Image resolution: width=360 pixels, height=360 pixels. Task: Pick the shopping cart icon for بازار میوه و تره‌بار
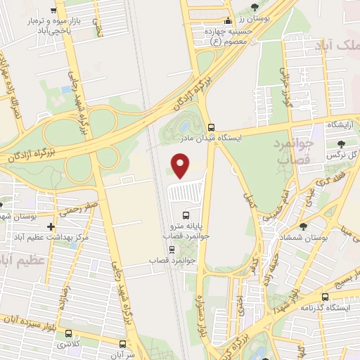pos(54,11)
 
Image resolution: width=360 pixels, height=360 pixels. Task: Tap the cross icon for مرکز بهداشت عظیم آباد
pos(51,226)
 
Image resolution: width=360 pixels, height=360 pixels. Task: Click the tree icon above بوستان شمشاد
pos(302,226)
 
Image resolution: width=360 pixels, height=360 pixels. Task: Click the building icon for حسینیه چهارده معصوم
pos(227,22)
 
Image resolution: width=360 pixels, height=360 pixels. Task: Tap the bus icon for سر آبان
pos(122,345)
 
